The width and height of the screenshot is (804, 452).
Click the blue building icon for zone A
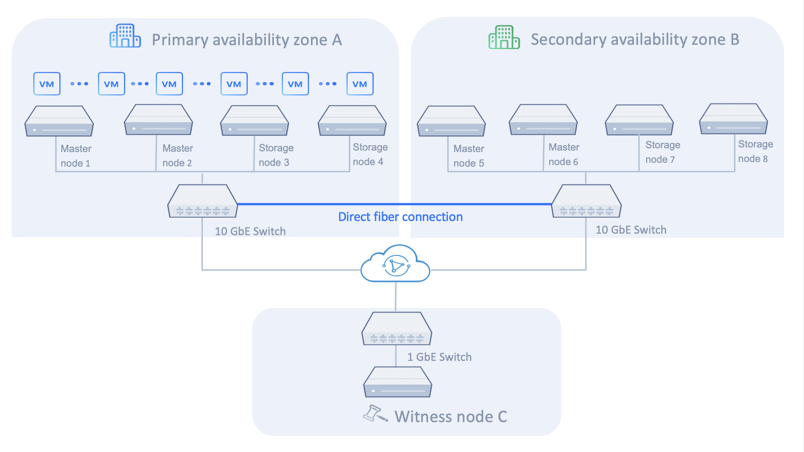125,36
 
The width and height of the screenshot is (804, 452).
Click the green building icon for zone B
504,37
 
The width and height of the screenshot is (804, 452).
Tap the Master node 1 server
59,121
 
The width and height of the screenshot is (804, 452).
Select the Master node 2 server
159,120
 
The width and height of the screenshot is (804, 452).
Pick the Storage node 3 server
255,121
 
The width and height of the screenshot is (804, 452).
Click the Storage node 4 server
352,121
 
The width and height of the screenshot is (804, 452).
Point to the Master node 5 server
451,121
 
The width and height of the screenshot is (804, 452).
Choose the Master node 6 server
543,120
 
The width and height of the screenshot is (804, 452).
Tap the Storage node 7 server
639,120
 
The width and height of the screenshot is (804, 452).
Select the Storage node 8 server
733,119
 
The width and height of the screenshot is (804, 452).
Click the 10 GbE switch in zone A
203,201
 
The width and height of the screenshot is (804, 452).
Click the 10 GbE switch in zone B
586,201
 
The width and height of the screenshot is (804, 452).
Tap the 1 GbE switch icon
397,329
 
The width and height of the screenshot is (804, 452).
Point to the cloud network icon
395,264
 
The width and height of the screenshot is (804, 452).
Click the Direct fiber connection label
400,217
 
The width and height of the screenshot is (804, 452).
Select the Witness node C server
397,382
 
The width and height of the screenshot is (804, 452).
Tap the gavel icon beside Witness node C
374,414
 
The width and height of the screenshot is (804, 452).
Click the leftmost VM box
47,84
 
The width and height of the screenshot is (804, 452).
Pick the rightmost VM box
360,84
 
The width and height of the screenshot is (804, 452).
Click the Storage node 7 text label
662,152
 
